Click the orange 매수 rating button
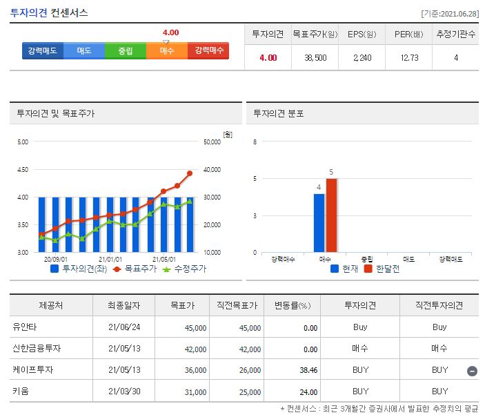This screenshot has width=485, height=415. pyautogui.click(x=167, y=51)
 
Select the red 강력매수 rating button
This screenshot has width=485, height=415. pyautogui.click(x=209, y=51)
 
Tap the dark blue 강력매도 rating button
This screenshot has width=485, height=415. pyautogui.click(x=42, y=51)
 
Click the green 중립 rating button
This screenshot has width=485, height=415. pyautogui.click(x=125, y=51)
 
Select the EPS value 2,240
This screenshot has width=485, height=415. pyautogui.click(x=362, y=58)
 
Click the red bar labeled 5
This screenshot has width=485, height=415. pyautogui.click(x=331, y=215)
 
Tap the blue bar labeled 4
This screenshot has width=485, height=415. pyautogui.click(x=319, y=223)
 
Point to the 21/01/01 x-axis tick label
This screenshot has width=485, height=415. pyautogui.click(x=110, y=260)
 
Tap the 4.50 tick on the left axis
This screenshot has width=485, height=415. pyautogui.click(x=22, y=170)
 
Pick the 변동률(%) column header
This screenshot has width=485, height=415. pyautogui.click(x=293, y=305)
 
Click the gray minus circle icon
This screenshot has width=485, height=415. pyautogui.click(x=472, y=371)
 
